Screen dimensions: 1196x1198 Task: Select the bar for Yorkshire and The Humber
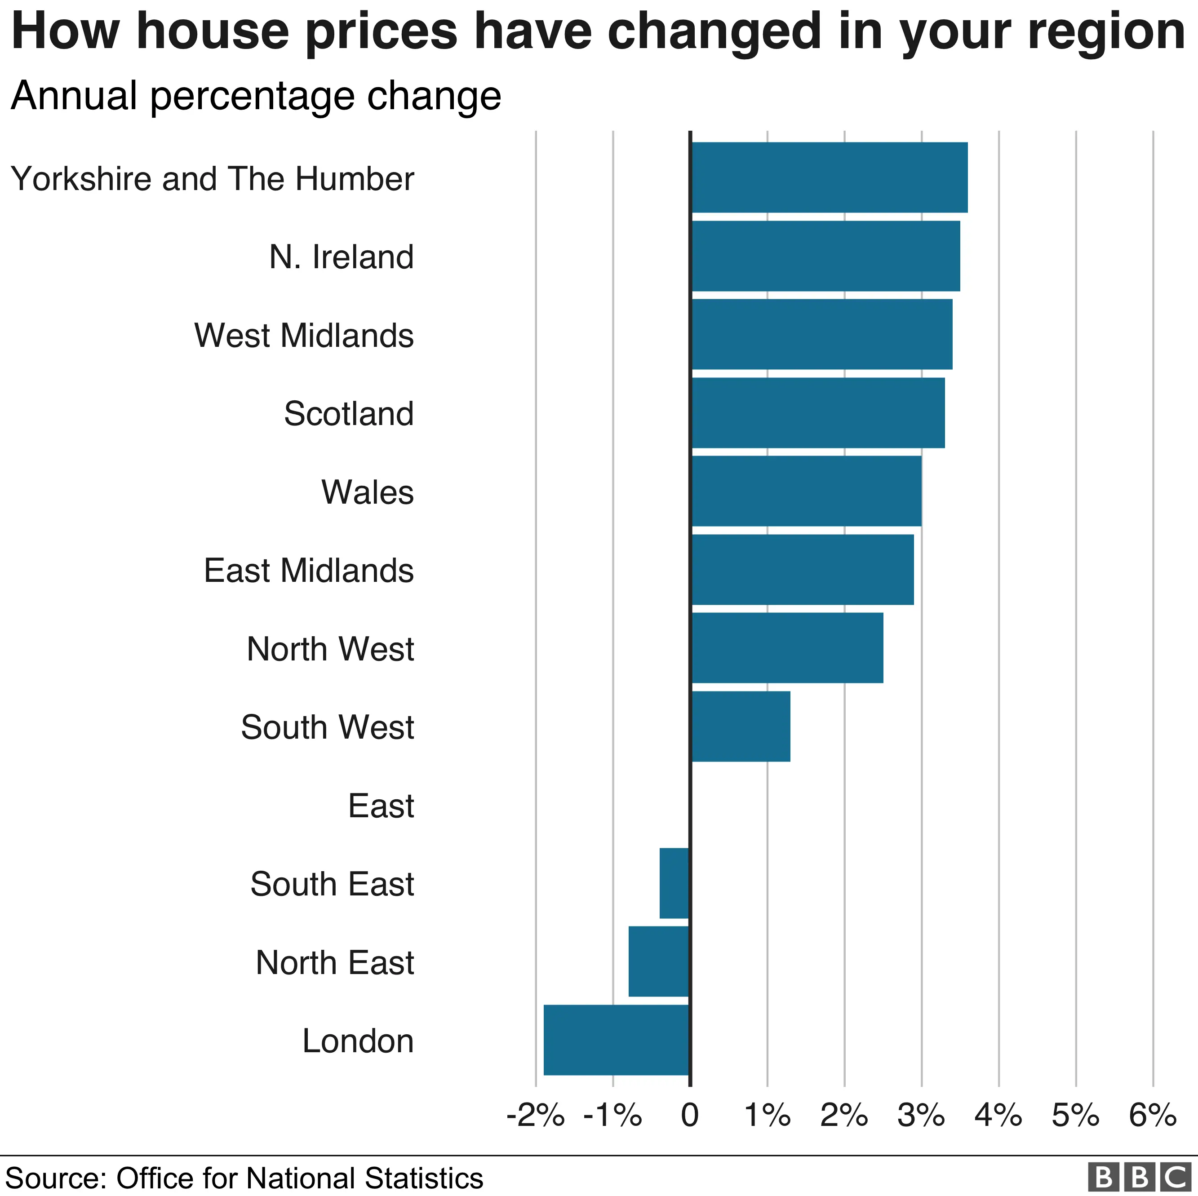pos(829,177)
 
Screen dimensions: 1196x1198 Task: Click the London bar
pos(617,1040)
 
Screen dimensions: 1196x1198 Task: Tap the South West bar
pos(741,726)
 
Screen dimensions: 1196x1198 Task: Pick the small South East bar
pos(674,883)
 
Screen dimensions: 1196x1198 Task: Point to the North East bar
pos(658,961)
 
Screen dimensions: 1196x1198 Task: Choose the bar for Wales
pos(806,491)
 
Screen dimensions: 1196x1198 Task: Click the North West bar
pos(787,648)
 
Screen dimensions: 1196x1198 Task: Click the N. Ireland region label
pos(341,257)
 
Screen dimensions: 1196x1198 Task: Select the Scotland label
pos(349,413)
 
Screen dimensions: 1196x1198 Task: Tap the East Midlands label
pos(308,571)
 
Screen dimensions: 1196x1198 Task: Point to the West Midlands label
pos(304,336)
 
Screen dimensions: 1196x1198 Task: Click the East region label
pos(381,806)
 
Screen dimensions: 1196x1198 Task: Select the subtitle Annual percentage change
pos(256,96)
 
